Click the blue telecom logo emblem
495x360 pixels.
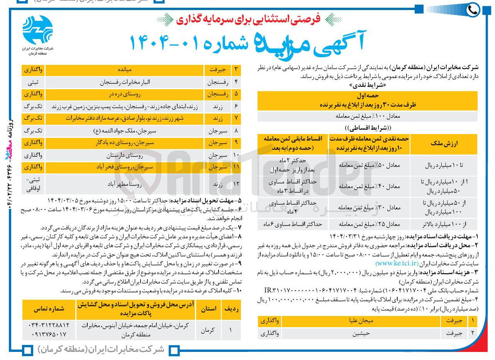38,29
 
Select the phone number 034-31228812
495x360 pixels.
48,325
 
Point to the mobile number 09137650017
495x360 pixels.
48,333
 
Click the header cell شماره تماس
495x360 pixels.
48,309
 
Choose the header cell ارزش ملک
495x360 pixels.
444,144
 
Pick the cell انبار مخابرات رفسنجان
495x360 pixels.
124,82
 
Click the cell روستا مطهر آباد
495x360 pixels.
124,184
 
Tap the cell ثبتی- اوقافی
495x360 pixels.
34,184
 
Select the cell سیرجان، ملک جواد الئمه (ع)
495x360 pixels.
124,130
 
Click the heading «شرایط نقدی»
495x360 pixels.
367,84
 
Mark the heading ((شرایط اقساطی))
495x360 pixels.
367,128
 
